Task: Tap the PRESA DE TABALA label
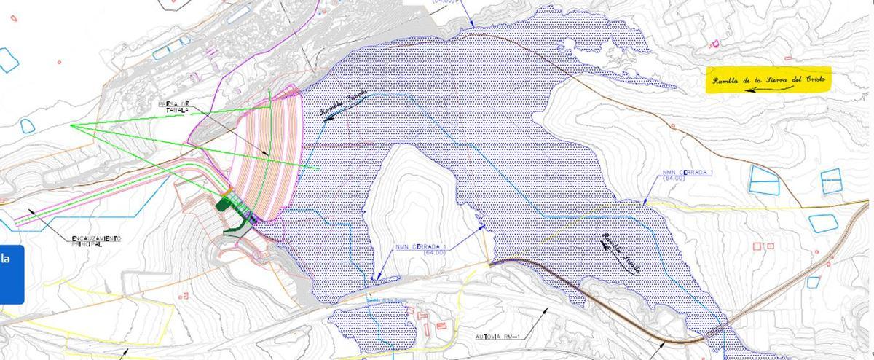coord(174,107)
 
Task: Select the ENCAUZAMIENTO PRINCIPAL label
coord(95,241)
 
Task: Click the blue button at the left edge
coord(11,273)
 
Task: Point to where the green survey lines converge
coord(72,126)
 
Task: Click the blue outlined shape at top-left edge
coord(7,60)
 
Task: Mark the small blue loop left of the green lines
coord(28,125)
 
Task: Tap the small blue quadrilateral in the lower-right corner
coord(813,282)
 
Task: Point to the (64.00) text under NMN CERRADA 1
coord(675,179)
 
